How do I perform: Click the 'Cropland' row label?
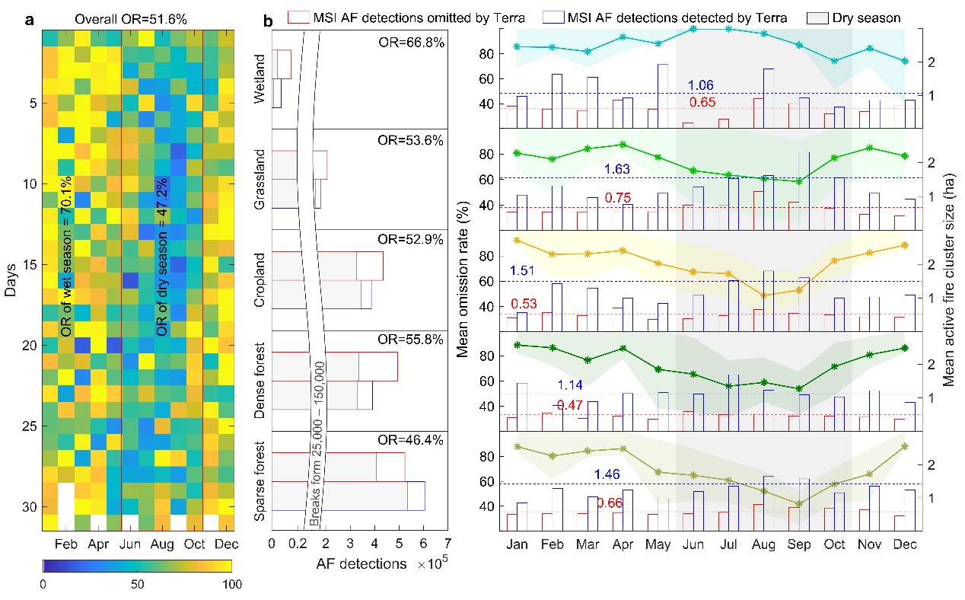coord(259,280)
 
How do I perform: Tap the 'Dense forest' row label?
coord(259,381)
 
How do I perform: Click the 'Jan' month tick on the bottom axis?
coord(517,545)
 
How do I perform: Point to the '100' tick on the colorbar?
coord(231,585)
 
